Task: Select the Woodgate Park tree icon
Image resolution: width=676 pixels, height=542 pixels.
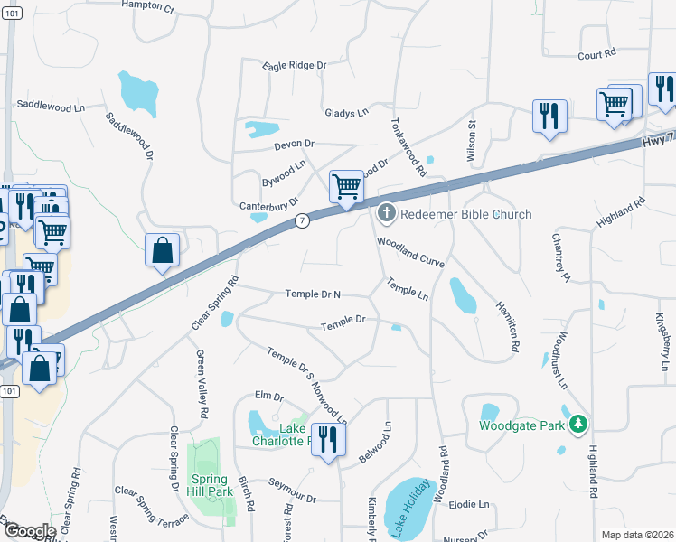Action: point(577,423)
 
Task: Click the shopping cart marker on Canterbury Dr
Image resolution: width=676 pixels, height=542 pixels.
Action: point(346,187)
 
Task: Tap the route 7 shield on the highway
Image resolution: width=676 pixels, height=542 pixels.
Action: point(302,220)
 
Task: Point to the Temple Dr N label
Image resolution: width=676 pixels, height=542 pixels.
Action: point(313,294)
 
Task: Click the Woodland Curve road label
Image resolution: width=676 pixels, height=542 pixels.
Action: point(411,252)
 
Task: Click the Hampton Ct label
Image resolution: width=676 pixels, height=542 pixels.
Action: point(148,5)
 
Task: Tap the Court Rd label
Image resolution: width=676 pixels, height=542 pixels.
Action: point(596,55)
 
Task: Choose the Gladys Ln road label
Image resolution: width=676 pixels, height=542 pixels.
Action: point(348,113)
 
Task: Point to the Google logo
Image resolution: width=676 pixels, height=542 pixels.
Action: point(29,531)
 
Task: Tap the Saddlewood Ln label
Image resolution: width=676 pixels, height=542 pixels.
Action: point(50,107)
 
